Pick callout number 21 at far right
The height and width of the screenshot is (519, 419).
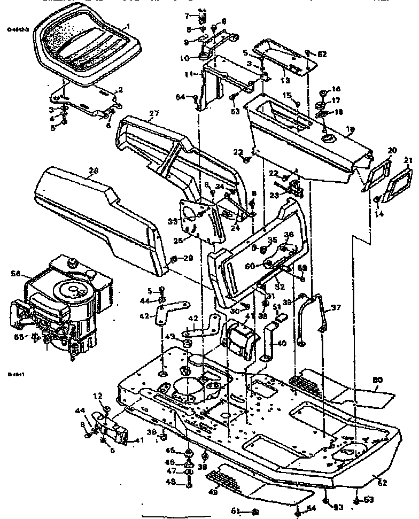click(408, 160)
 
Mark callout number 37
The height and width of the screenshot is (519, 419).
click(336, 307)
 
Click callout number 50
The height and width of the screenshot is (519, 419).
click(378, 380)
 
